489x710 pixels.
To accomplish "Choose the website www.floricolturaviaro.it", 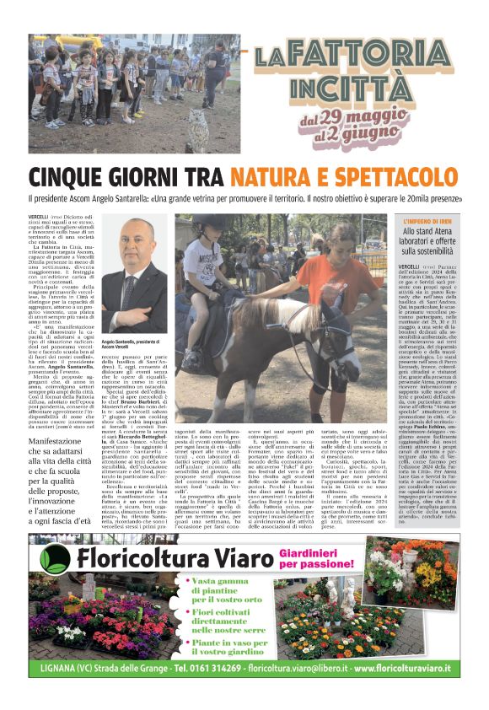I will (408, 669).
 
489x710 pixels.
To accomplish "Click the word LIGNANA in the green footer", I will (65, 669).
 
